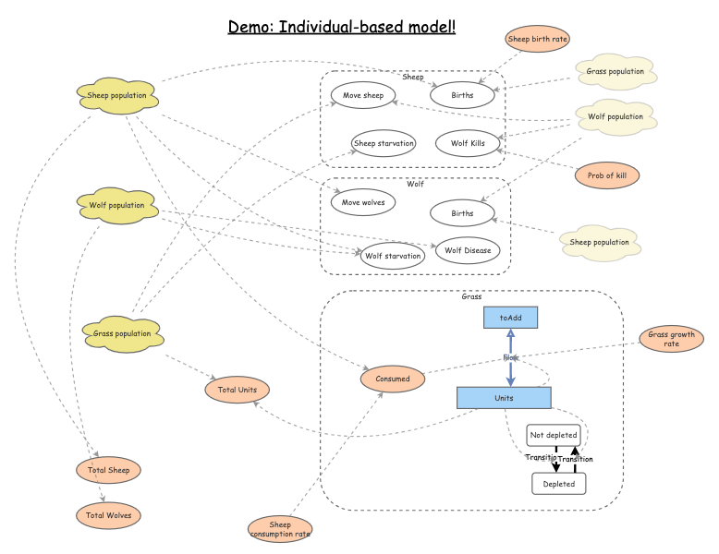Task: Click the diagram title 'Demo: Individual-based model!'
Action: click(x=342, y=26)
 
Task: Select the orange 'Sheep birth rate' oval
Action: click(x=538, y=39)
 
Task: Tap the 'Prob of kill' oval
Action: click(x=606, y=175)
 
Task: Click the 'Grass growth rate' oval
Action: click(x=671, y=339)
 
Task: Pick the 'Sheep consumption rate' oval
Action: click(x=280, y=529)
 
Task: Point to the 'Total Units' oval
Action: click(x=238, y=390)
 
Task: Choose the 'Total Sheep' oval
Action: click(x=108, y=470)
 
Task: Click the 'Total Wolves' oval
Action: click(x=108, y=515)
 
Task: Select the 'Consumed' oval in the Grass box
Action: click(x=393, y=378)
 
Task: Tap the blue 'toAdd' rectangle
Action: click(x=510, y=317)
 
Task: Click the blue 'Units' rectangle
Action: click(x=504, y=398)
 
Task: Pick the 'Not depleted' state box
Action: click(x=554, y=435)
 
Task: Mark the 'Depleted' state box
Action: click(x=558, y=483)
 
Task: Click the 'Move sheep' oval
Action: click(x=363, y=94)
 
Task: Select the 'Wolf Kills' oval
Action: click(x=467, y=143)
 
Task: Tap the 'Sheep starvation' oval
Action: click(x=384, y=143)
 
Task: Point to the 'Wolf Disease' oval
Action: click(x=467, y=250)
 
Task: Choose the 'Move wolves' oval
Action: click(x=363, y=201)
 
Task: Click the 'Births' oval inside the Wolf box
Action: click(x=462, y=213)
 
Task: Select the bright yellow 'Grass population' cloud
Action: click(x=122, y=333)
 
